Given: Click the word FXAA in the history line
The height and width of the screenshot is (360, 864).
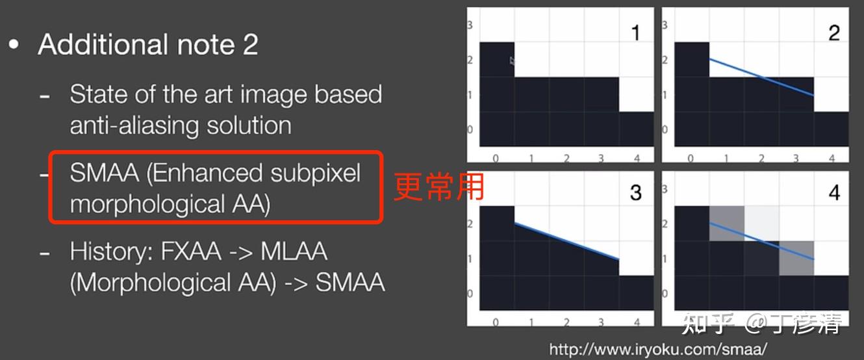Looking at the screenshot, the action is point(191,251).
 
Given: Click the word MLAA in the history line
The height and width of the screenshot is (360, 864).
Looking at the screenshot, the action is point(294,251).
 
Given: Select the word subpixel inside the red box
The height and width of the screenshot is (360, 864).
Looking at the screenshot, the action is point(316,174).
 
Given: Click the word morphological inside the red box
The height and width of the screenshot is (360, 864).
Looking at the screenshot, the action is point(147,204).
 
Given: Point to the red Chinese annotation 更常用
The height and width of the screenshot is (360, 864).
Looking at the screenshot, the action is point(439,187).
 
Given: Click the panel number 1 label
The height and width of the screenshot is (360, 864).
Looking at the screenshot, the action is point(635,32).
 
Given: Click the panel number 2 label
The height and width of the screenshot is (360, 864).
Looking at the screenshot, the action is point(834,32).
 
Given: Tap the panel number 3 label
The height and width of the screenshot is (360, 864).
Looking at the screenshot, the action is point(635,192).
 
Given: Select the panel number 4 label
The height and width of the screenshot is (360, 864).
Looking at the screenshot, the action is point(834,192).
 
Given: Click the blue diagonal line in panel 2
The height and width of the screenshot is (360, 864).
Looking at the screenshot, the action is point(762,77).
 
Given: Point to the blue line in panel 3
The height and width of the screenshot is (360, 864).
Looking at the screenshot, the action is point(567,241).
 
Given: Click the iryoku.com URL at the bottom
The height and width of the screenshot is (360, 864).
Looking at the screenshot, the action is point(658,349).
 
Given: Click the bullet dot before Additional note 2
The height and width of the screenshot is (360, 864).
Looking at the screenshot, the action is point(14,44).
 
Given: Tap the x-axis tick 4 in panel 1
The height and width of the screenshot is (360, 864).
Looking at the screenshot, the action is point(637,158).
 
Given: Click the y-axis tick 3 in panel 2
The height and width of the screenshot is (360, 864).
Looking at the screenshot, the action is point(665,25).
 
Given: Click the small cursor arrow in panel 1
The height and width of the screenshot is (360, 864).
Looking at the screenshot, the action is point(512,61).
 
